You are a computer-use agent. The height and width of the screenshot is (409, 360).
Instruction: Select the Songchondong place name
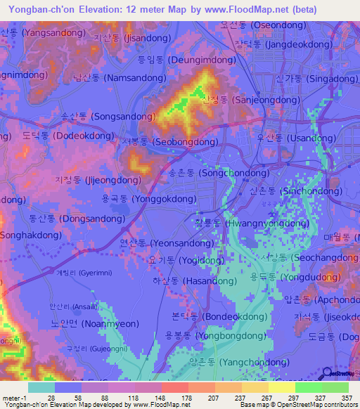[219, 172]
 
